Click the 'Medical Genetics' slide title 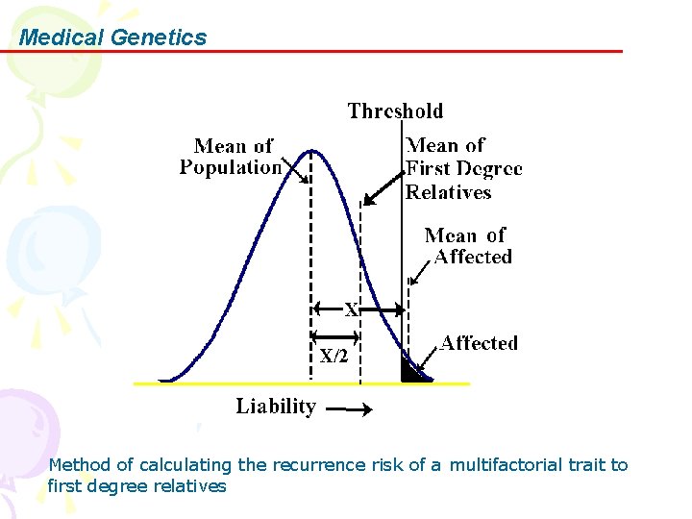pos(112,37)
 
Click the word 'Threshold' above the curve pos(395,111)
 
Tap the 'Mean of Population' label pos(232,157)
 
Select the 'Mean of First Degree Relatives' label pos(463,169)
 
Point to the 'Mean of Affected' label pos(468,246)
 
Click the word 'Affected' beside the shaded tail pos(479,343)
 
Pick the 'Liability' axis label pos(276,407)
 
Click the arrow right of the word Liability pos(347,410)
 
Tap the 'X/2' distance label pos(334,356)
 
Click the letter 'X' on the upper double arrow pos(352,310)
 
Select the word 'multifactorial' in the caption pos(506,465)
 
